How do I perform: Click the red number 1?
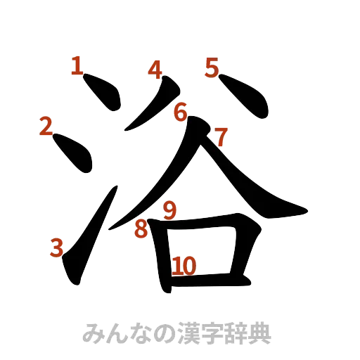tap(77, 67)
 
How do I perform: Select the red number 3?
tap(58, 247)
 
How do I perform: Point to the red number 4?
tap(155, 68)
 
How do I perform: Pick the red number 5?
tap(212, 67)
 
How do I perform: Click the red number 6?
tap(181, 111)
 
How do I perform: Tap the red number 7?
tap(220, 136)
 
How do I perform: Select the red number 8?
tap(141, 229)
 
